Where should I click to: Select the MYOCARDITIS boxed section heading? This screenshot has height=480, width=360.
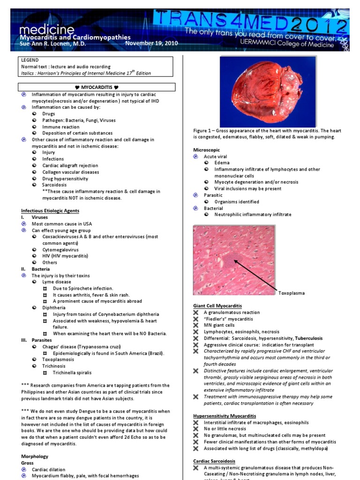pos(97,87)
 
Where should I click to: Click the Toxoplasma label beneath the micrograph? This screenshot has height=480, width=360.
pos(292,293)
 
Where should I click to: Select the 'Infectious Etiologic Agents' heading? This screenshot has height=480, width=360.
pos(50,211)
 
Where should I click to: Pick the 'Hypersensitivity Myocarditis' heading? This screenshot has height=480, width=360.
pos(225,416)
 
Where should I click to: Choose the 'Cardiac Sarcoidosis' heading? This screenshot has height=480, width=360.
pos(214,461)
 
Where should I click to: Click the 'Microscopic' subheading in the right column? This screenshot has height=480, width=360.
pos(206,150)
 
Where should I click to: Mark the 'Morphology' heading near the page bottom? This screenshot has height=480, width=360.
pos(35,456)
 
